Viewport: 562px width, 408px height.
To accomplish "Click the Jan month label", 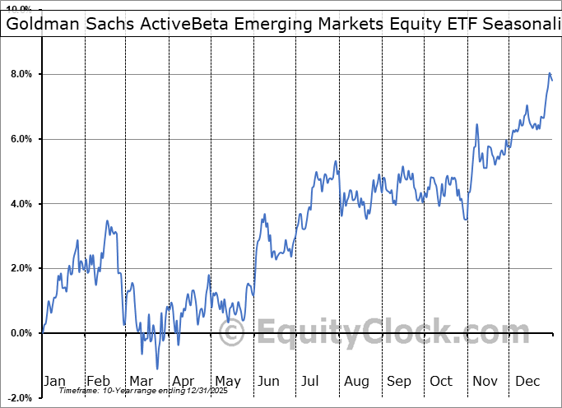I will (x=54, y=381).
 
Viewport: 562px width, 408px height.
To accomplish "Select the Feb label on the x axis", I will (x=98, y=381).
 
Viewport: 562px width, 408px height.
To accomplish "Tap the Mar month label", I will (x=141, y=381).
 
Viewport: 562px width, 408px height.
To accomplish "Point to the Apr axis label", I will (x=183, y=381).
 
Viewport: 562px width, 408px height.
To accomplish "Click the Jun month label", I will (x=268, y=381).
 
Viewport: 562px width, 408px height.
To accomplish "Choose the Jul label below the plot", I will (x=311, y=381).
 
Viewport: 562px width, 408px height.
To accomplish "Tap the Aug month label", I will (x=357, y=381).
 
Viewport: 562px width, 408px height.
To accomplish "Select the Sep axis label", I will (x=399, y=381).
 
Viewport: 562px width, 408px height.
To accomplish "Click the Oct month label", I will (x=442, y=381).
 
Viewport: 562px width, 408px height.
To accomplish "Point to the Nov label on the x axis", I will (x=485, y=381).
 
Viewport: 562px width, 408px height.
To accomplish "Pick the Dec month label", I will (x=528, y=381).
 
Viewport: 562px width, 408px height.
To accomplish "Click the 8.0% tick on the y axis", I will (x=21, y=74).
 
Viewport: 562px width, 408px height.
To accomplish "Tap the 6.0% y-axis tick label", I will (x=21, y=139).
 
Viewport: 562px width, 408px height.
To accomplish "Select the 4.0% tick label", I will (x=21, y=203).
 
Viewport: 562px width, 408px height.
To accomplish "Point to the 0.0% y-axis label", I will (x=21, y=332).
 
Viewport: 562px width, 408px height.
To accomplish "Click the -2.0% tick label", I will (x=19, y=397).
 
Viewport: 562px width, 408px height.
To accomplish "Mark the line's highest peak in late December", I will (x=549, y=74).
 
